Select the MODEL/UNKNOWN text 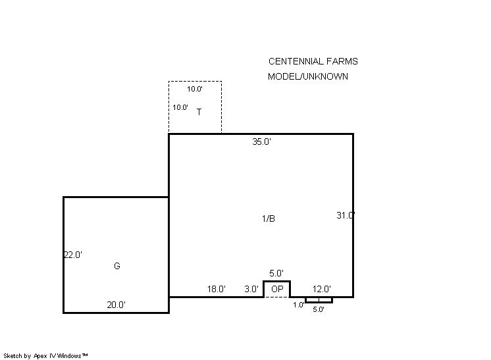pyautogui.click(x=308, y=76)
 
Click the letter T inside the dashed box pyautogui.click(x=199, y=112)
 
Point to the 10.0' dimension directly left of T pyautogui.click(x=180, y=107)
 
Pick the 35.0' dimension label pyautogui.click(x=261, y=141)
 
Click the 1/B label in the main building pyautogui.click(x=269, y=219)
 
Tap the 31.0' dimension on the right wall pyautogui.click(x=346, y=215)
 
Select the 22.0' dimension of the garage pyautogui.click(x=73, y=255)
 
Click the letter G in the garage pyautogui.click(x=116, y=266)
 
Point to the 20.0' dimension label pyautogui.click(x=116, y=305)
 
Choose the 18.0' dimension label pyautogui.click(x=217, y=289)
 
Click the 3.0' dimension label pyautogui.click(x=251, y=289)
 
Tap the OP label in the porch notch pyautogui.click(x=277, y=289)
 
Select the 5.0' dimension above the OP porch pyautogui.click(x=276, y=273)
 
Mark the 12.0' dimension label pyautogui.click(x=322, y=289)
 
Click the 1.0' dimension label pyautogui.click(x=299, y=305)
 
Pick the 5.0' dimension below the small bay pyautogui.click(x=319, y=309)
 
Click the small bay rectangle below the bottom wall pyautogui.click(x=319, y=302)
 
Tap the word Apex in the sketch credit pyautogui.click(x=39, y=356)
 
